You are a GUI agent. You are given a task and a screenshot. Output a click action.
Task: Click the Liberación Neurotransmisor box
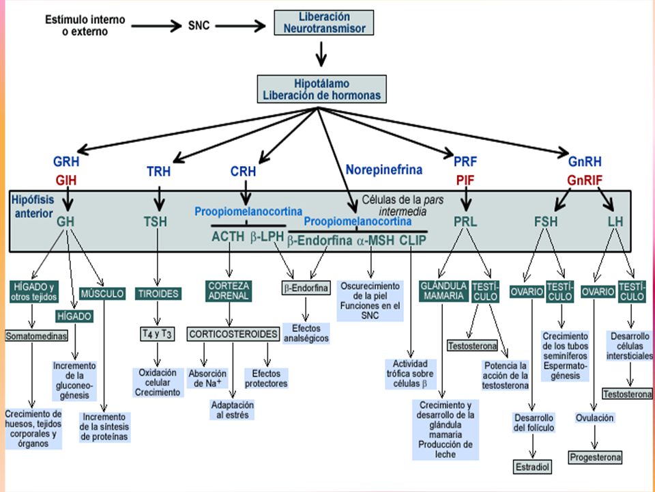point(323,23)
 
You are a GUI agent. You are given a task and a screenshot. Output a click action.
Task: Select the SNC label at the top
point(199,25)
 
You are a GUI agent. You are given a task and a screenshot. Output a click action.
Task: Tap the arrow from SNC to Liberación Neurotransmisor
point(240,26)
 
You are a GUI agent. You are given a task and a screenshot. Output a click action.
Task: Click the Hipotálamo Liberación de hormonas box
point(321,89)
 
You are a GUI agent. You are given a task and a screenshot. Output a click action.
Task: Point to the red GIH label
point(66,180)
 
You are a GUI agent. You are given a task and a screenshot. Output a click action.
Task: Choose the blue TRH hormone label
point(158,171)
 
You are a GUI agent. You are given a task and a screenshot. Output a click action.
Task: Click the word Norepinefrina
point(384,169)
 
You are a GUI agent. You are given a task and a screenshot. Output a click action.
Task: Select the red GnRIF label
point(585,180)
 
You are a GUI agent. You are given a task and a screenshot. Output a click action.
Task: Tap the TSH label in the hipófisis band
point(156,221)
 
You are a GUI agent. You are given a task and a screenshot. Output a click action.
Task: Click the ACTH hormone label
point(228,237)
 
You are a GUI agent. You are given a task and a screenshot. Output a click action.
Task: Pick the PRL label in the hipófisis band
point(465,221)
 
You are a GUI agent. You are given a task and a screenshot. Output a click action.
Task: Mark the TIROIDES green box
point(158,294)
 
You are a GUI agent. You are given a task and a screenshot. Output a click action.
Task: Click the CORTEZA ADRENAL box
point(229,291)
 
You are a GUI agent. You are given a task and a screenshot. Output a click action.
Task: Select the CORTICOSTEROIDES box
point(233,334)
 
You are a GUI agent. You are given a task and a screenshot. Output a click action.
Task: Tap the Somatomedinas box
point(36,336)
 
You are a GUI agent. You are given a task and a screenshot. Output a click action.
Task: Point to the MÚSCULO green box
point(102,294)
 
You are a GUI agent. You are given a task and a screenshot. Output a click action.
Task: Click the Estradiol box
point(532,467)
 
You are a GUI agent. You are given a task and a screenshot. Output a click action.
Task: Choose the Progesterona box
point(595,457)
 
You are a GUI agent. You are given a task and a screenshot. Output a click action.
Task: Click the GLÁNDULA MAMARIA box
point(443,291)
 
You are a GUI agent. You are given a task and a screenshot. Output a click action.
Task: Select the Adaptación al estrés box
point(233,410)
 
